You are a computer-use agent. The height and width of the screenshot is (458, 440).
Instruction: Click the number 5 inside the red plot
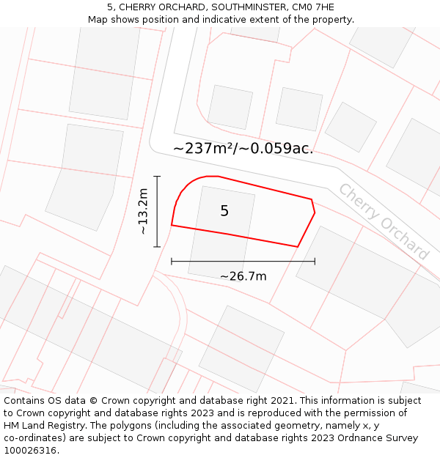[224, 211]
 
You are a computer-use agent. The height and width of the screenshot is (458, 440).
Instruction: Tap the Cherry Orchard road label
[383, 221]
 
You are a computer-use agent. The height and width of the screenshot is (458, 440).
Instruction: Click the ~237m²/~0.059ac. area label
[243, 148]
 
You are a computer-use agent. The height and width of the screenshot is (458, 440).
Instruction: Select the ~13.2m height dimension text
[143, 212]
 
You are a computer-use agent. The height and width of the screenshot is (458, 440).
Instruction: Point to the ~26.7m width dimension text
[243, 276]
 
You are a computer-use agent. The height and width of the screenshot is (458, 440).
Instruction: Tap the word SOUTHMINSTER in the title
[238, 7]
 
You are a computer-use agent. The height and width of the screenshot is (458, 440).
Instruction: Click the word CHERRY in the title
[139, 7]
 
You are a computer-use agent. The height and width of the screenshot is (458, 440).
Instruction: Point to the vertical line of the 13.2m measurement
[157, 212]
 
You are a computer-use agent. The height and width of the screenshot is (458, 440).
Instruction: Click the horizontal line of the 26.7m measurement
[243, 261]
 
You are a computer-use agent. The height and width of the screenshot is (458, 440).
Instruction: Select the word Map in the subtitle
[98, 19]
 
